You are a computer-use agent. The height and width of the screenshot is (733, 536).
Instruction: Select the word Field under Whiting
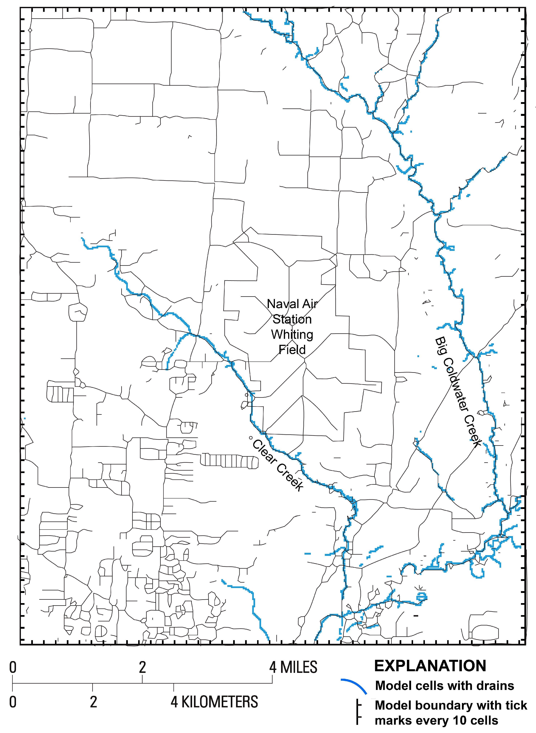pos(292,350)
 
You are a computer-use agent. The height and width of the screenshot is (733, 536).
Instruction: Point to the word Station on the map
pos(292,319)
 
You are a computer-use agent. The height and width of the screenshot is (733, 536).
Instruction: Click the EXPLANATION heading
pos(430,666)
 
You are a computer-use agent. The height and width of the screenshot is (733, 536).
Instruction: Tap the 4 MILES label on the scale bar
pos(293,667)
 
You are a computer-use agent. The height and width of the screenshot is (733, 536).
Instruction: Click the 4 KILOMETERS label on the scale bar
pos(214,702)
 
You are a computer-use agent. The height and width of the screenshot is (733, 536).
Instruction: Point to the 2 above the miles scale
pos(142,667)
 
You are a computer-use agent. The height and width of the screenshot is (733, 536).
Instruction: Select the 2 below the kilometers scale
pos(94,702)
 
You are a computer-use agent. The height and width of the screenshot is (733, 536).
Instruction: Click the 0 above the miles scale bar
pos(13,667)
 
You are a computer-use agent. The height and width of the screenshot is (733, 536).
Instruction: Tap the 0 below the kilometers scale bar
pos(13,702)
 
